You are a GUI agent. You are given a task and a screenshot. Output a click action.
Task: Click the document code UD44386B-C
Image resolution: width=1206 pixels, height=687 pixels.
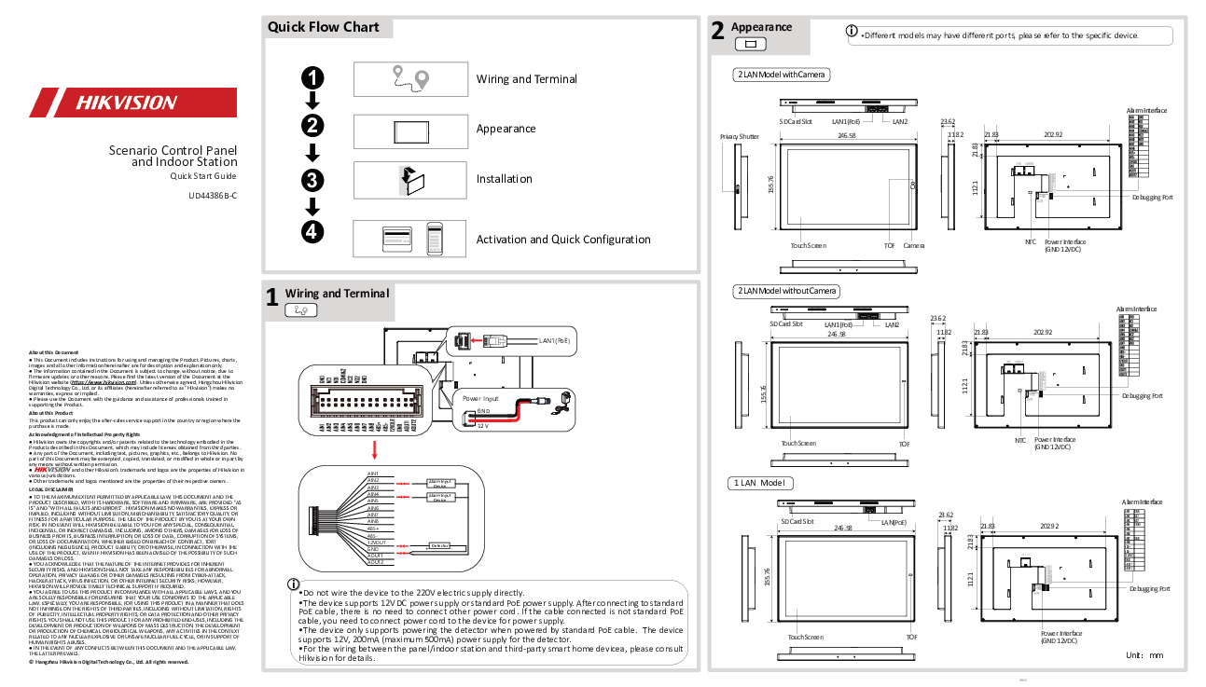(213, 195)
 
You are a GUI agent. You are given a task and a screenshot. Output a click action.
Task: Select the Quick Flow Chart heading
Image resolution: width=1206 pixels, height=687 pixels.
(324, 27)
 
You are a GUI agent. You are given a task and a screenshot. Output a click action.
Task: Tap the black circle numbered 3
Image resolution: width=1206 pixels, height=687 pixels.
(313, 179)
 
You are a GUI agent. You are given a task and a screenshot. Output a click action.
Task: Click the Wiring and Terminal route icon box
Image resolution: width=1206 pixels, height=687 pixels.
(409, 78)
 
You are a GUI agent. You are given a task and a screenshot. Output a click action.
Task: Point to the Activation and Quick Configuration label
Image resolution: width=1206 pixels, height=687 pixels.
(562, 240)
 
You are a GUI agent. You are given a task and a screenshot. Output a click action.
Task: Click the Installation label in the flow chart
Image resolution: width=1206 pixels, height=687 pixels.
(504, 179)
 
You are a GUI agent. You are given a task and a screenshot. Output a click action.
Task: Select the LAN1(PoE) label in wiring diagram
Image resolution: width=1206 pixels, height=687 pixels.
(554, 341)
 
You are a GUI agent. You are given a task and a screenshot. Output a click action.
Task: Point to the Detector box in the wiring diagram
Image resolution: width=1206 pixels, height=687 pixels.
(439, 544)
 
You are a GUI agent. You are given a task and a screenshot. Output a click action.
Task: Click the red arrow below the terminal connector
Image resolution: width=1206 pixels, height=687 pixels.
(374, 451)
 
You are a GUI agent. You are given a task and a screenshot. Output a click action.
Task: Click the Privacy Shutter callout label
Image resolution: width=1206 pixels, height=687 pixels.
(739, 136)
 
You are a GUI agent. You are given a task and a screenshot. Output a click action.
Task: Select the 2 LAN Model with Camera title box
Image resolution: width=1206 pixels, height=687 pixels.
(782, 75)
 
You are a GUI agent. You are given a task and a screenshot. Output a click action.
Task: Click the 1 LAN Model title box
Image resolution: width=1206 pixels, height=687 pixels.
(760, 483)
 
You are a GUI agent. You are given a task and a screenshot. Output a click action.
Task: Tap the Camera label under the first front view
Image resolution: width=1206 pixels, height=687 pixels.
(913, 245)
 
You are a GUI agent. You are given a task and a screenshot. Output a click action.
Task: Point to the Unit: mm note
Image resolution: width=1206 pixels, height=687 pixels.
(1144, 655)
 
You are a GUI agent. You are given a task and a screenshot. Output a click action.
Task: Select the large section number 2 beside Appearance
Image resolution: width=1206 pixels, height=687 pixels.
(716, 32)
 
